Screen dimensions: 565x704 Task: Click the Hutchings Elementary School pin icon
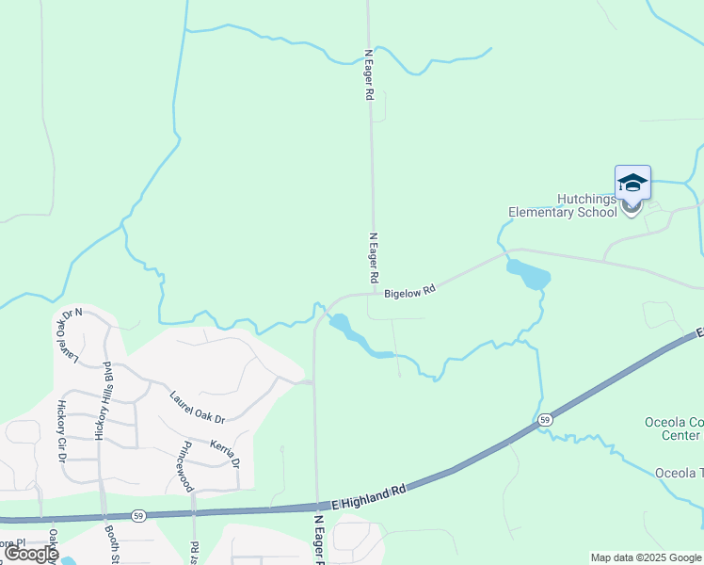tap(632, 186)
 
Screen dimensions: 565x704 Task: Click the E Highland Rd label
tap(370, 497)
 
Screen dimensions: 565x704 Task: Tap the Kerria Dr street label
tap(226, 449)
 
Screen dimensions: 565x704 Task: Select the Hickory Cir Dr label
tap(63, 430)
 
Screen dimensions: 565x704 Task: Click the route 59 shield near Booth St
tap(138, 516)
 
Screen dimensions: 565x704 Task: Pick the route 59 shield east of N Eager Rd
tap(544, 418)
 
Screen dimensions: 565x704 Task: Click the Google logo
tap(31, 554)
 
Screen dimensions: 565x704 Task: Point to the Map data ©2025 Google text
tap(645, 557)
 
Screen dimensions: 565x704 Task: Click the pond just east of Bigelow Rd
tap(529, 275)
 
